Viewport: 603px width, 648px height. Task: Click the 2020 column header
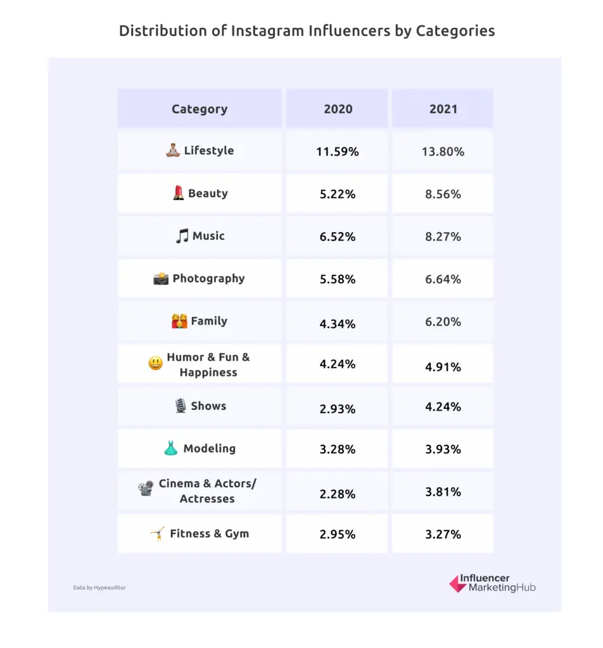click(x=337, y=109)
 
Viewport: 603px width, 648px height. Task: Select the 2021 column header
click(x=443, y=109)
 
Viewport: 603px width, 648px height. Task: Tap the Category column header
click(x=200, y=109)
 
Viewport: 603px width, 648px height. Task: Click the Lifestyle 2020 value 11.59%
click(x=337, y=152)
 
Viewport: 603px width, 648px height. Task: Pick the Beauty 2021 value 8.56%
click(x=443, y=194)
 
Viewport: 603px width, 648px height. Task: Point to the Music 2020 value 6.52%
click(x=337, y=237)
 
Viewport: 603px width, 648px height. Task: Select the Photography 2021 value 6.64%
click(x=443, y=279)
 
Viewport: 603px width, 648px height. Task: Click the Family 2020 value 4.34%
click(x=337, y=324)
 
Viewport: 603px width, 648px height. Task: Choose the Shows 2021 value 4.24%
click(x=443, y=406)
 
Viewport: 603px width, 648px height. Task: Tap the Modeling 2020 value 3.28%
click(x=337, y=449)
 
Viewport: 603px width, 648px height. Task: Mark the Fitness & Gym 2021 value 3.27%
click(x=443, y=534)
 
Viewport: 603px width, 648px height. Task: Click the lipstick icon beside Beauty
click(x=179, y=194)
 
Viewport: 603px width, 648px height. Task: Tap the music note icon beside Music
click(x=182, y=236)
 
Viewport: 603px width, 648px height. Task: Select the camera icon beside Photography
click(x=161, y=278)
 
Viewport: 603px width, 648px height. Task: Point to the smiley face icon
click(x=155, y=364)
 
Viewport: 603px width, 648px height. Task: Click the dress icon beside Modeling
click(x=171, y=449)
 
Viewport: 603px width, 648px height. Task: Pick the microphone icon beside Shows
click(x=181, y=406)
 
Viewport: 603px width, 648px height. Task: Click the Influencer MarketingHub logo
click(x=492, y=583)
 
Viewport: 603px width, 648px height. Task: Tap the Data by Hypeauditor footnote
click(x=99, y=588)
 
